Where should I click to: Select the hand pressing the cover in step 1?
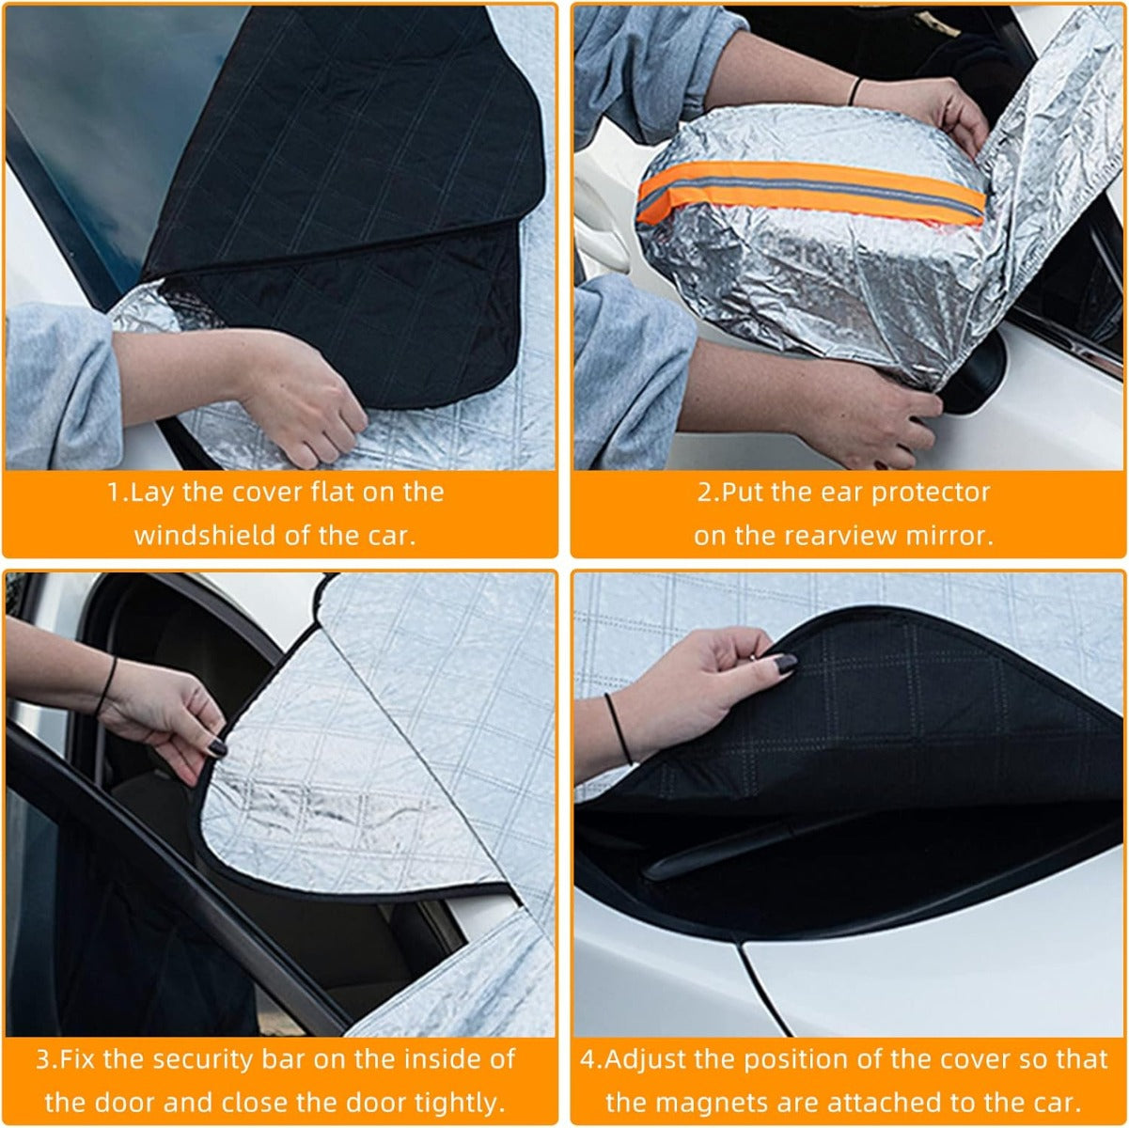[x=299, y=399]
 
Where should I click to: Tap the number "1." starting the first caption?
[x=117, y=492]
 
